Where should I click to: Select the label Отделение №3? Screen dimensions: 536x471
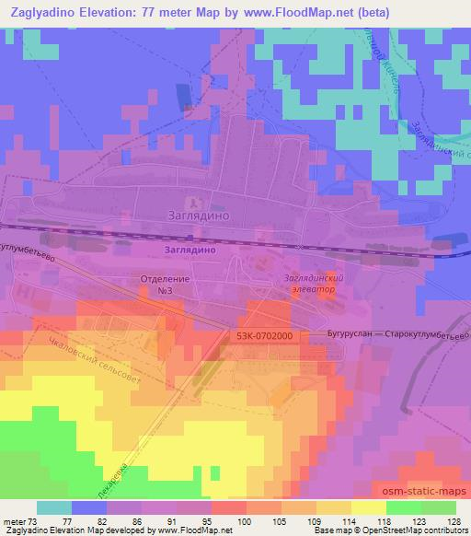pos(166,283)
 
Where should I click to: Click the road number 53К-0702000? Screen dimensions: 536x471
pos(263,337)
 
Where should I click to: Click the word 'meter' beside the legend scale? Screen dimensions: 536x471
pos(13,520)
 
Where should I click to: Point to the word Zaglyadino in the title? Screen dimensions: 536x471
pos(46,13)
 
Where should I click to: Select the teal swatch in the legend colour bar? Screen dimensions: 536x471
pos(54,507)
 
